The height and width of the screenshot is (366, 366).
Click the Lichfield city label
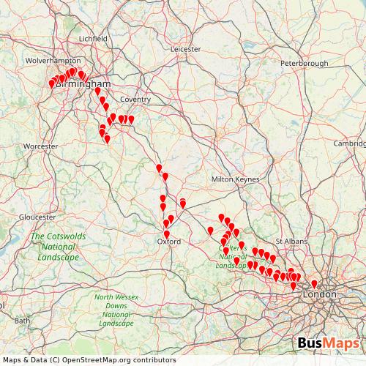(x=93, y=38)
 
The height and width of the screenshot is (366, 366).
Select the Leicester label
(x=185, y=49)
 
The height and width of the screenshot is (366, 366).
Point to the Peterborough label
(x=304, y=64)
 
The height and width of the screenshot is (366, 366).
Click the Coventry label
(x=135, y=99)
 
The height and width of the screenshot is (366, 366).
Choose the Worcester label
(x=40, y=146)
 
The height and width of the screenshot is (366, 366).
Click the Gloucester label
(x=37, y=217)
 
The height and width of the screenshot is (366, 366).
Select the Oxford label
(x=169, y=241)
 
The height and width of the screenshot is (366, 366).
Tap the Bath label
(x=23, y=320)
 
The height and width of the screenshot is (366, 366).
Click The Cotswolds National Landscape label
(x=54, y=247)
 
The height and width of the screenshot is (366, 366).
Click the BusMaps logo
(x=329, y=343)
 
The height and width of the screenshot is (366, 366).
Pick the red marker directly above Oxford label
(x=167, y=234)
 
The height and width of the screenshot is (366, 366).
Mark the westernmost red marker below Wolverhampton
(x=52, y=84)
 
